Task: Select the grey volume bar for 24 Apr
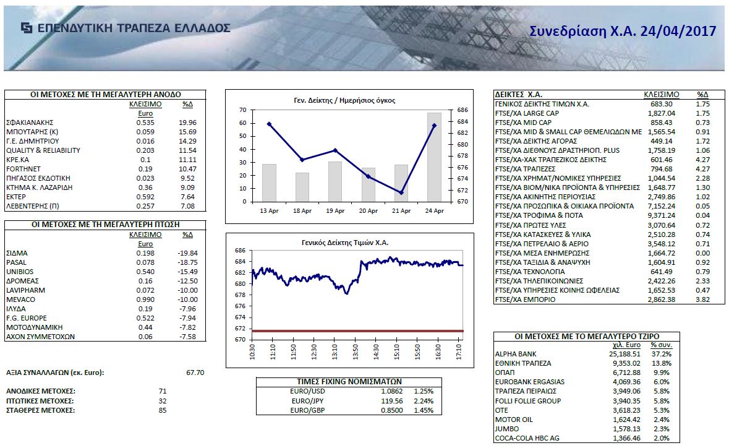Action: [x=434, y=157]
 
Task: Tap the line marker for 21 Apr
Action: [x=401, y=192]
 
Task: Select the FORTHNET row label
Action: [x=23, y=169]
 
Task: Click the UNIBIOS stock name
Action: [x=20, y=272]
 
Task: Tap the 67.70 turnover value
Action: [x=195, y=373]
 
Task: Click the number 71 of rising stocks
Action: [x=163, y=392]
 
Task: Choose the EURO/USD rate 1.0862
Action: [x=393, y=392]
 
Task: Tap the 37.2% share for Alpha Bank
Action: [x=662, y=354]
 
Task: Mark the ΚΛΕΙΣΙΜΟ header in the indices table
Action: [x=662, y=94]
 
